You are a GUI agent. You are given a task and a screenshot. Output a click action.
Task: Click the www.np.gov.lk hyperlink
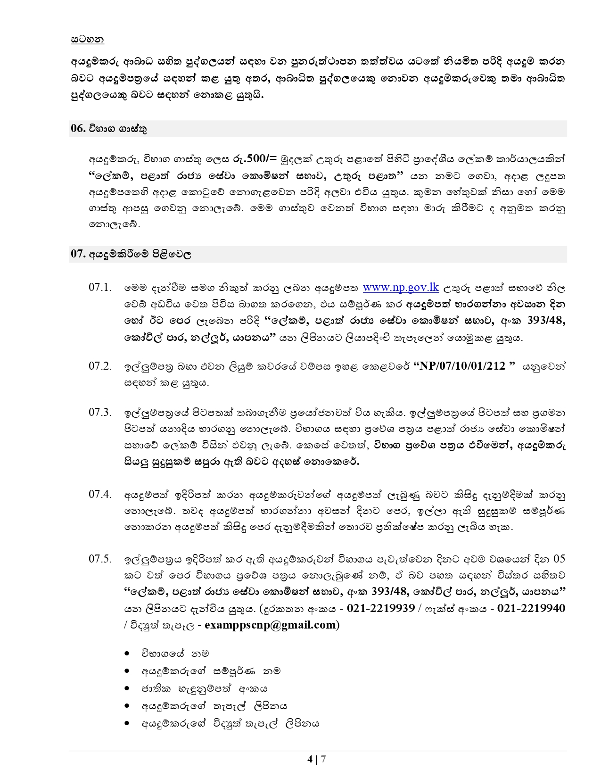tap(401, 287)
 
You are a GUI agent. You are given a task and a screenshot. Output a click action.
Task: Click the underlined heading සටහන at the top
tap(87, 39)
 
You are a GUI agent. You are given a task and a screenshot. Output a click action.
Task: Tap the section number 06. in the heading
tap(77, 129)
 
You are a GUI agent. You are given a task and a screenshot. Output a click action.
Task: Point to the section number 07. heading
tap(77, 254)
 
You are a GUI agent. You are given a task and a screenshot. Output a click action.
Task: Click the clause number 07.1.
tap(100, 288)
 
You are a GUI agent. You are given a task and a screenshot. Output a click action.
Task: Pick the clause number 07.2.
tap(100, 366)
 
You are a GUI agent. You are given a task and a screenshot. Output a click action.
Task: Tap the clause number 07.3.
tap(100, 412)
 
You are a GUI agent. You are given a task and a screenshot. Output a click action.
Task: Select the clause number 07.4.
tap(100, 494)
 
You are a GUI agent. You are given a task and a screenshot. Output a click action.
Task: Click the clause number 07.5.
tap(100, 559)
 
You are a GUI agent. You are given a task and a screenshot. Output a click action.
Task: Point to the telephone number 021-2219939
tap(380, 608)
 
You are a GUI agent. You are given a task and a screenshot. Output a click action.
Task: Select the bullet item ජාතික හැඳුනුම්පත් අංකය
tap(205, 688)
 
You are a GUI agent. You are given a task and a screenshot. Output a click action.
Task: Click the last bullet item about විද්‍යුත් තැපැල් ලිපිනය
tap(231, 723)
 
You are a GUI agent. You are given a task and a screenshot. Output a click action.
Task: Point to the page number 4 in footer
tap(310, 759)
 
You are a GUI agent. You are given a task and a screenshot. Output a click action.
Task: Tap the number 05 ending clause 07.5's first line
tap(559, 559)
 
